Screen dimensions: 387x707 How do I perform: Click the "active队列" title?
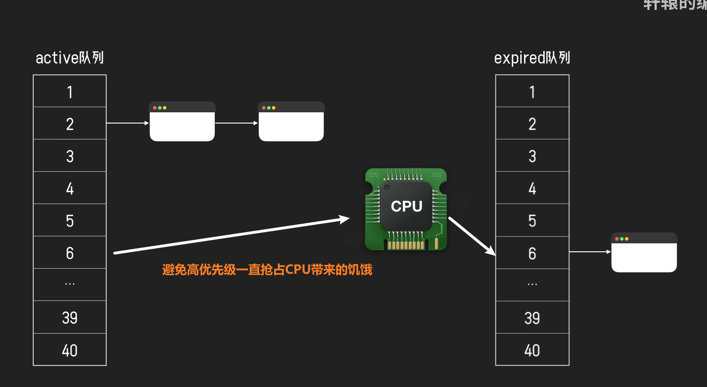coord(70,58)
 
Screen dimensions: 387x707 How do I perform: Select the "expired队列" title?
coord(532,58)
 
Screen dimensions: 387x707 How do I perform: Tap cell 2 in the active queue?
coord(70,124)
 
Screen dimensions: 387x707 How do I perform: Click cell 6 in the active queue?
coord(70,253)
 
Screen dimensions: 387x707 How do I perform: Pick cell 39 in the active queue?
coord(70,318)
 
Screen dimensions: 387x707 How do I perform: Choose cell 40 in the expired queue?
coord(532,350)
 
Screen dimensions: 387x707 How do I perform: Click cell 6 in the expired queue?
coord(532,253)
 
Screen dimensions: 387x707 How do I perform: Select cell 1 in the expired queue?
coord(532,92)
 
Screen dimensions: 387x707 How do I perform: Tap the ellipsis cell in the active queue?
coord(70,284)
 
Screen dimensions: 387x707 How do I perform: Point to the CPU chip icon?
coord(406,209)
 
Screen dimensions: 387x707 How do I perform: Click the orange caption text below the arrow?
coord(267,270)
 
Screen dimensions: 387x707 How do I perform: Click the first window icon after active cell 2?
coord(182,122)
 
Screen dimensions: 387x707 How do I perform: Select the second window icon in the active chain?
coord(291,122)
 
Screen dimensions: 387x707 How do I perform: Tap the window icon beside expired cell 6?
coord(644,252)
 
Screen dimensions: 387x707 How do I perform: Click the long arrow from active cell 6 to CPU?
coord(232,235)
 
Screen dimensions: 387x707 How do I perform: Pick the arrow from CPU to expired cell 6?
coord(471,236)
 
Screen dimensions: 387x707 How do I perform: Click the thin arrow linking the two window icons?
coord(236,123)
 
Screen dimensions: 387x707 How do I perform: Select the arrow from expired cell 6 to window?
coord(590,252)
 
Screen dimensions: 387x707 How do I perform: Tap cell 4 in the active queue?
coord(70,188)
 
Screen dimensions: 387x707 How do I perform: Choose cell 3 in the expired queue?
coord(532,156)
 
